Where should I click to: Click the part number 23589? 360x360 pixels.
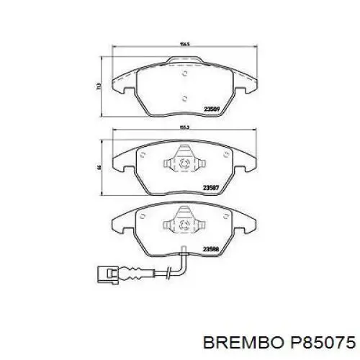pyautogui.click(x=212, y=110)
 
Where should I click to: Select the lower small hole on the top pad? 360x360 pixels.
pyautogui.click(x=185, y=99)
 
